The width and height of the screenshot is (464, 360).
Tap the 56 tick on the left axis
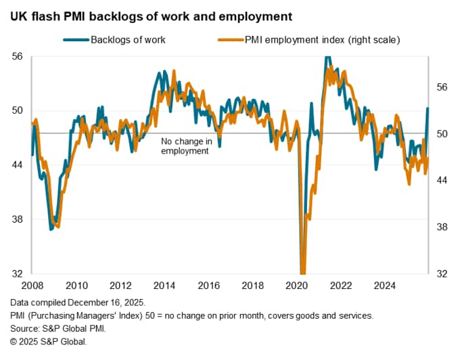pyautogui.click(x=19, y=57)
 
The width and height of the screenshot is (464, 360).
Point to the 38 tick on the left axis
pyautogui.click(x=19, y=219)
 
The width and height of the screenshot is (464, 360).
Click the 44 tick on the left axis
pyautogui.click(x=19, y=165)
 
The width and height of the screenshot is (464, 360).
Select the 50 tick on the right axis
pyautogui.click(x=442, y=134)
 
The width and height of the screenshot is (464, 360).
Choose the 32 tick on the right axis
pyautogui.click(x=442, y=274)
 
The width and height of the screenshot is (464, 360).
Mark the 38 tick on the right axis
pyautogui.click(x=442, y=227)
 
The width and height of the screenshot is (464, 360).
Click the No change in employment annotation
pyautogui.click(x=187, y=146)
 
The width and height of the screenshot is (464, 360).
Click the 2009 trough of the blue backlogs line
pyautogui.click(x=51, y=229)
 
